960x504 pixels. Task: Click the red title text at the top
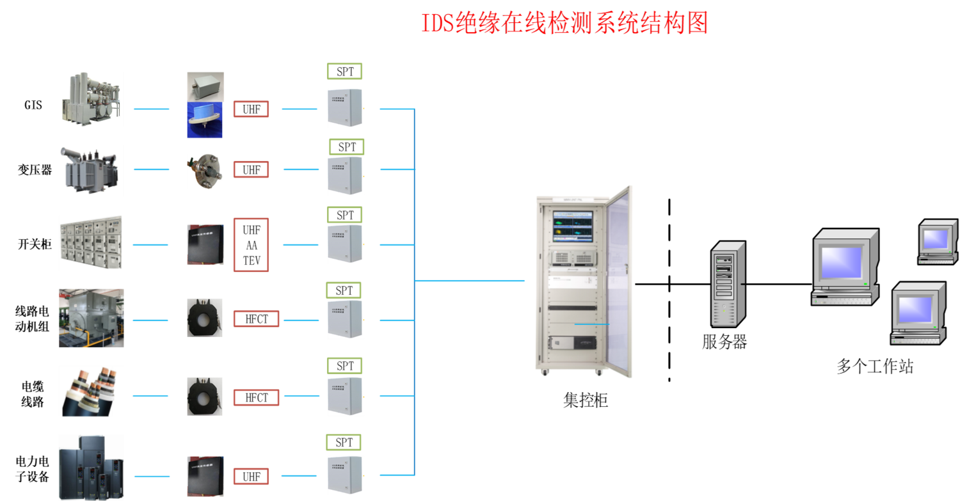click(566, 24)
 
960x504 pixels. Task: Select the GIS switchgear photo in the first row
click(93, 99)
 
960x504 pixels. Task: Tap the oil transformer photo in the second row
click(88, 171)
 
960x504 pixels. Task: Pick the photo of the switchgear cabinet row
click(92, 243)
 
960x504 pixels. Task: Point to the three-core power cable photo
click(92, 391)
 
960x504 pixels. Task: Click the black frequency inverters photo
click(91, 468)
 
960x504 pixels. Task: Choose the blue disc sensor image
click(205, 120)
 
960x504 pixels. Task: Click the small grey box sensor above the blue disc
click(205, 86)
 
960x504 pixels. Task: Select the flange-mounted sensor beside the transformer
click(205, 171)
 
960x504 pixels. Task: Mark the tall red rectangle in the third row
click(251, 245)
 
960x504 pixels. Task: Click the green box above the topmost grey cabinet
click(345, 71)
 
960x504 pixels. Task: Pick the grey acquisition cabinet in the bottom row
click(346, 475)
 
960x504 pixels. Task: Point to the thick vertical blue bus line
click(415, 292)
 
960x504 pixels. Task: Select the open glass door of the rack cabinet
click(620, 281)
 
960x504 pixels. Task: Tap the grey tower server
click(728, 284)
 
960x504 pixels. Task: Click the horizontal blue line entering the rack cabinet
click(470, 281)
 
